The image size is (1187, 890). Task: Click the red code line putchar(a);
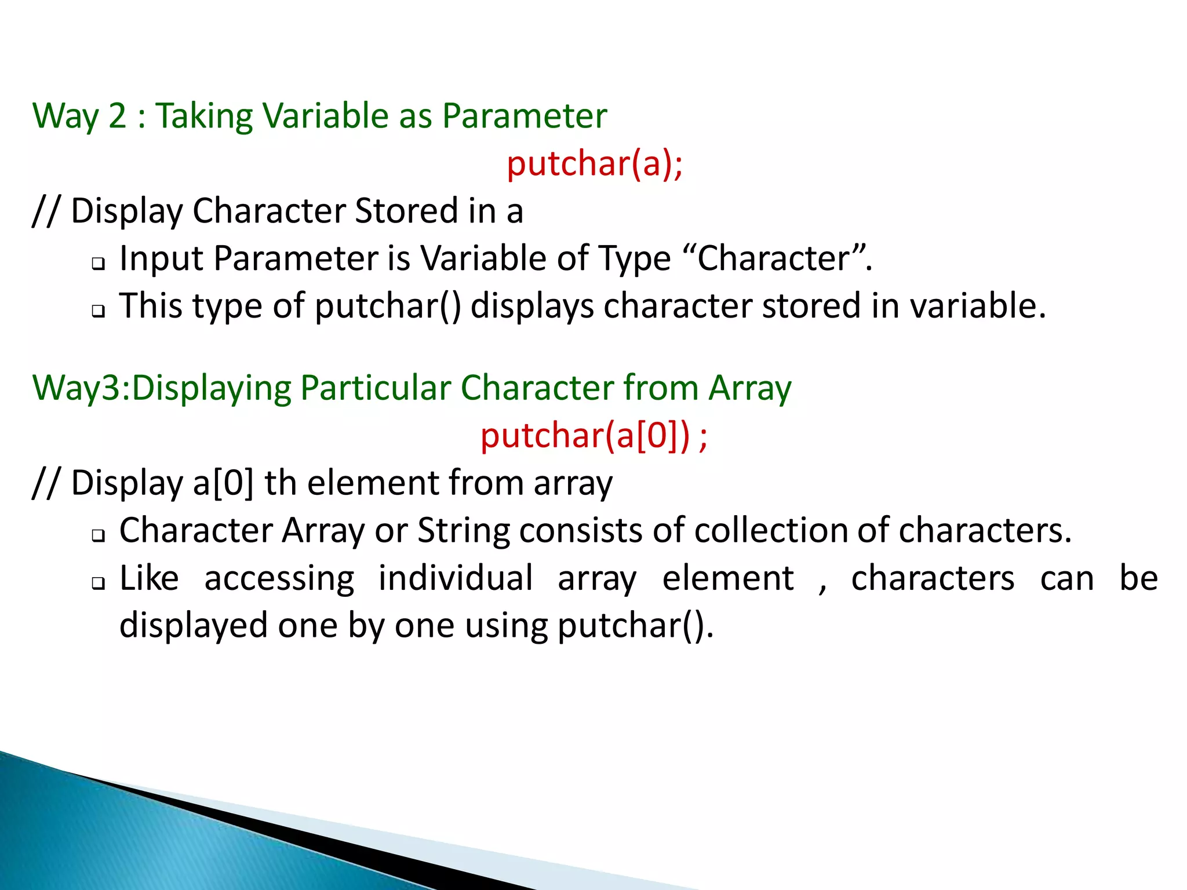pyautogui.click(x=595, y=164)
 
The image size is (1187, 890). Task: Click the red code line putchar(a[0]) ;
pyautogui.click(x=593, y=436)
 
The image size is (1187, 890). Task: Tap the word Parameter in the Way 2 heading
pyautogui.click(x=525, y=116)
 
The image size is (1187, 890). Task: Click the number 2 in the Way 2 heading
pyautogui.click(x=117, y=116)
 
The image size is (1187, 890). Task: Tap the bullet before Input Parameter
pyautogui.click(x=99, y=264)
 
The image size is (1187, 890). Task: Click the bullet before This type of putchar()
pyautogui.click(x=99, y=312)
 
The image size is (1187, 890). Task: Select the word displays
pyautogui.click(x=531, y=307)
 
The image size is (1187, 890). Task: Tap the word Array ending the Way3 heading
pyautogui.click(x=750, y=388)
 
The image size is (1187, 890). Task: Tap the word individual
pyautogui.click(x=456, y=578)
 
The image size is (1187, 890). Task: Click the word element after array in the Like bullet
pyautogui.click(x=728, y=578)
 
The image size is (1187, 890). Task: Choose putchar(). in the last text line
pyautogui.click(x=635, y=626)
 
